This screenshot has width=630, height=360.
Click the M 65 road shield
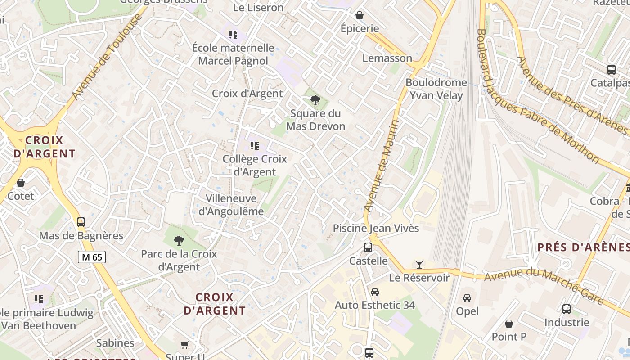click(92, 257)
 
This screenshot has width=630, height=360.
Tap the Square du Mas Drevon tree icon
click(315, 100)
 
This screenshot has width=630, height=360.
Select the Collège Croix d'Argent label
click(255, 165)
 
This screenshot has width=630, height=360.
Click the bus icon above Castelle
click(368, 247)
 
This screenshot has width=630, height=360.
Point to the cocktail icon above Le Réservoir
click(419, 264)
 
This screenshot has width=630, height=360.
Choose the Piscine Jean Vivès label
click(376, 228)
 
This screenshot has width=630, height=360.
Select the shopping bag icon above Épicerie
click(360, 15)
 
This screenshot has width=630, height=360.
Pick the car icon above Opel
click(467, 297)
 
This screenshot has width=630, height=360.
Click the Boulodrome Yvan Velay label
click(436, 89)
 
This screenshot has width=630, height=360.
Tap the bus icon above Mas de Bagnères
click(81, 222)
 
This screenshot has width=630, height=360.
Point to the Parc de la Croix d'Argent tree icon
click(179, 240)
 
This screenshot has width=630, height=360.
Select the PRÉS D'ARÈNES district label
click(584, 247)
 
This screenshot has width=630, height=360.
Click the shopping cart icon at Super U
click(184, 345)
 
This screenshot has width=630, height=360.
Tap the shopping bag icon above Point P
click(509, 323)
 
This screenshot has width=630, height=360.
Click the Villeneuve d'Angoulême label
click(231, 205)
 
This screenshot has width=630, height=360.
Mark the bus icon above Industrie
click(567, 309)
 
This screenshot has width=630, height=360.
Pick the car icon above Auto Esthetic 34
click(374, 292)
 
